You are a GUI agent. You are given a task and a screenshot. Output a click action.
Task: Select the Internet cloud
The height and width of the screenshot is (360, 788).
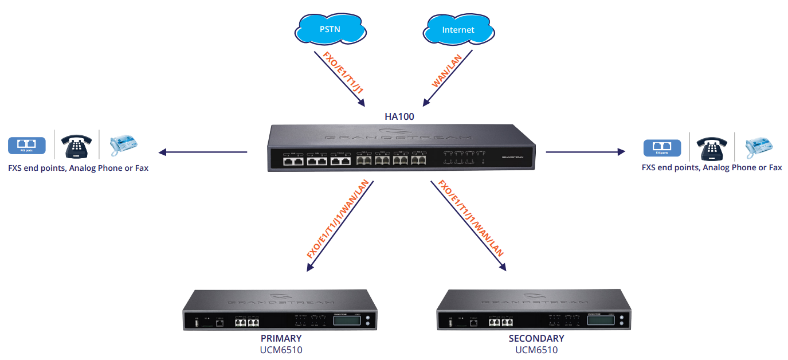(458, 29)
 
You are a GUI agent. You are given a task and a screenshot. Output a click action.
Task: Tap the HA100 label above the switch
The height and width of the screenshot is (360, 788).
(399, 116)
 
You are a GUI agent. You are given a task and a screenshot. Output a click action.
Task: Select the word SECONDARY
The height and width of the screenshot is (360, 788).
(536, 338)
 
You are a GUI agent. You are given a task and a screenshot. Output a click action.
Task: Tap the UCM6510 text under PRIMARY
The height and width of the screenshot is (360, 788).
(281, 350)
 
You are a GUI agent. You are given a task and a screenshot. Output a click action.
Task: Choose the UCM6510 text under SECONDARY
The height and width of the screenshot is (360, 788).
(536, 350)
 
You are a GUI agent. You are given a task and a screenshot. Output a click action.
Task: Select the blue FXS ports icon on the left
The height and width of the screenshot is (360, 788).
(26, 146)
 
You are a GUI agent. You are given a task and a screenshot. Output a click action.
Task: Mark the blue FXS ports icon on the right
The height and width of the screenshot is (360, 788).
(662, 148)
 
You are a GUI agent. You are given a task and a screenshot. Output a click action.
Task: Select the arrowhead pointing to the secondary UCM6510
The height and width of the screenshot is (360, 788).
(503, 267)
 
